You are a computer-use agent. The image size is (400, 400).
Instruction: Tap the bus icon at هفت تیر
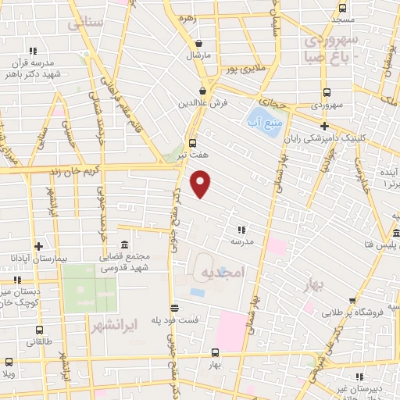click(x=191, y=143)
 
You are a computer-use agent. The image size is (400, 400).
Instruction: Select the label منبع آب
click(x=266, y=120)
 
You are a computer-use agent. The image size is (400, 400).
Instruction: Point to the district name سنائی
click(x=86, y=24)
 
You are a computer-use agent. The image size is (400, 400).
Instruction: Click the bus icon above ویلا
click(x=9, y=362)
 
